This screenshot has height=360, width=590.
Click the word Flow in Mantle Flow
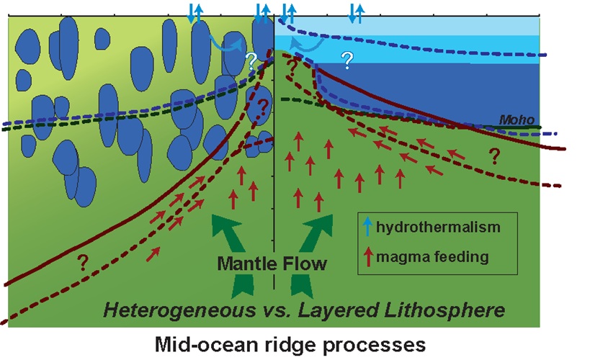click(308, 263)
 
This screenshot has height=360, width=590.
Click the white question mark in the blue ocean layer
click(347, 60)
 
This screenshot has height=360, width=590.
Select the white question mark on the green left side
click(251, 60)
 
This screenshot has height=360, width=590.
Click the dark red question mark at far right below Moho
click(495, 155)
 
